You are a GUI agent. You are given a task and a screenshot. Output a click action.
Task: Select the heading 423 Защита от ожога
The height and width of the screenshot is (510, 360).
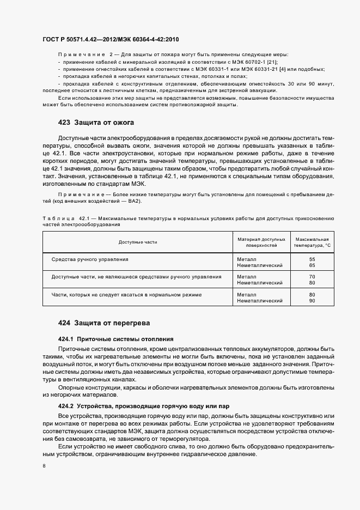pos(95,122)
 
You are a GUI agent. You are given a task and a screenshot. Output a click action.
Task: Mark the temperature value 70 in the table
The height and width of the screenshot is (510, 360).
pos(312,277)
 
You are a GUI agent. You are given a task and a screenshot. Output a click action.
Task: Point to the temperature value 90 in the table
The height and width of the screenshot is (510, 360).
pos(312,301)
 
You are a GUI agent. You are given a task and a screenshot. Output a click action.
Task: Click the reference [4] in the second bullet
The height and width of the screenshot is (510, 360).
pos(283,69)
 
